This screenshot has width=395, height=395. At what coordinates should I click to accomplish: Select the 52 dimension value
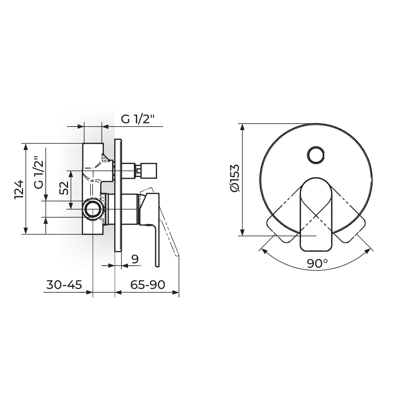[x=64, y=188]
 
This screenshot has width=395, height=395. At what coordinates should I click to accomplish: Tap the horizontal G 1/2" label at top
[x=137, y=119]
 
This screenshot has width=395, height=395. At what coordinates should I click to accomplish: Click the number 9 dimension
[x=135, y=259]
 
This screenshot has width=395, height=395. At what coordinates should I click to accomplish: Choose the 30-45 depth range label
[x=64, y=285]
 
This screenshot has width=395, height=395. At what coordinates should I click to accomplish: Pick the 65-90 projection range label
[x=148, y=285]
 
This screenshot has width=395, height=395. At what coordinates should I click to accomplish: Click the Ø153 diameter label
[x=234, y=178]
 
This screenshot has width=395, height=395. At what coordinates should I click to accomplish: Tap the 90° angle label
[x=317, y=263]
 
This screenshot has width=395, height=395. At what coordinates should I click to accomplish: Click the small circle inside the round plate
[x=316, y=155]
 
